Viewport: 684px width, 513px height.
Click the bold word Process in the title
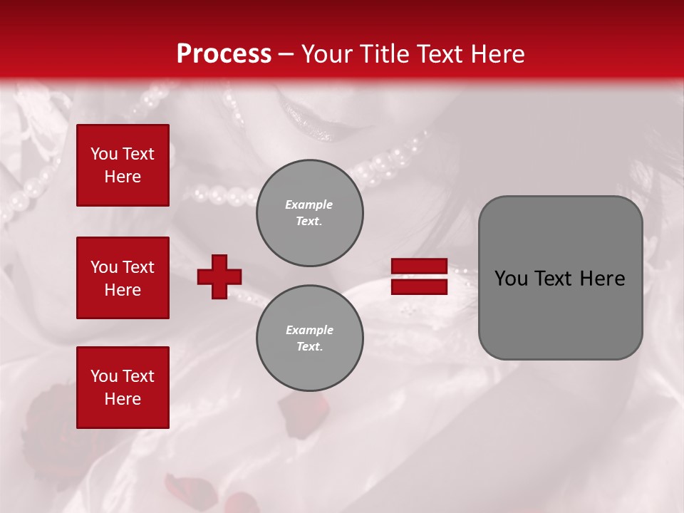click(x=224, y=54)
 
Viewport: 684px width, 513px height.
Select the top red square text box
click(x=123, y=165)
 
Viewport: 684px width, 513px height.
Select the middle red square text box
click(x=123, y=278)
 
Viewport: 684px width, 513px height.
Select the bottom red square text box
click(x=123, y=387)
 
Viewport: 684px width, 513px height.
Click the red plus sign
click(x=219, y=276)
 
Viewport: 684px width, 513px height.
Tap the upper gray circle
click(x=309, y=213)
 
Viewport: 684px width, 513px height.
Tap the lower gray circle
click(x=309, y=338)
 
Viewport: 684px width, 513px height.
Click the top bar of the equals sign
click(x=420, y=266)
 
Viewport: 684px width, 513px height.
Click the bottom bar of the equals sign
click(x=420, y=286)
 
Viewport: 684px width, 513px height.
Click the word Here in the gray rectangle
click(x=602, y=279)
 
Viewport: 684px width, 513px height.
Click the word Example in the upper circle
click(x=309, y=204)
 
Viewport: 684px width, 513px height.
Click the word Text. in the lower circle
click(x=309, y=347)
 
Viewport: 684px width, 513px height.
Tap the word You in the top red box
click(x=104, y=154)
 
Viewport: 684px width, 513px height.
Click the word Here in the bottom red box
click(x=123, y=399)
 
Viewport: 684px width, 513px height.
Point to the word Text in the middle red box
click(x=138, y=267)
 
